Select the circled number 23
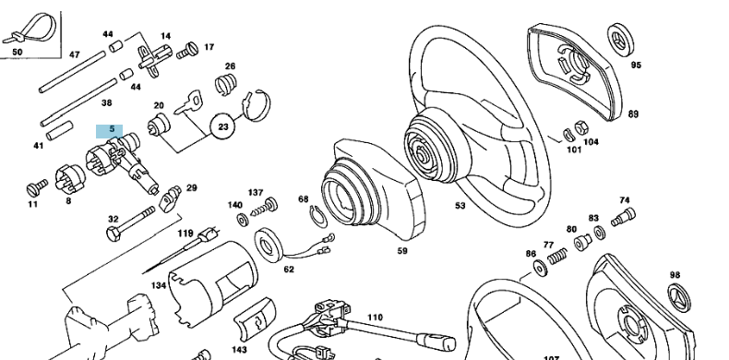click(x=223, y=126)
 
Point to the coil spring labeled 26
click(x=224, y=86)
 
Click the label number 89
click(x=633, y=114)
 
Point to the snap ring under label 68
click(x=315, y=215)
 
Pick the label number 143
click(x=240, y=351)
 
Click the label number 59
click(x=401, y=250)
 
